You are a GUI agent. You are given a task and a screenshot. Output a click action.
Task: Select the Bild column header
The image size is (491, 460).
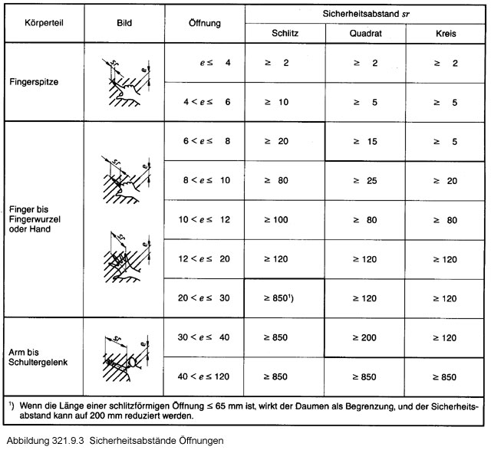tap(123, 23)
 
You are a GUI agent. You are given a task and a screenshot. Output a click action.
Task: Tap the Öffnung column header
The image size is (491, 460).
tap(205, 23)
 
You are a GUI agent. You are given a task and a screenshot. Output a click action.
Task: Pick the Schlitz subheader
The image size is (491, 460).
tap(285, 34)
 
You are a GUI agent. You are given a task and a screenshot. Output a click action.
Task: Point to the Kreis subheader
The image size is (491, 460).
tap(447, 34)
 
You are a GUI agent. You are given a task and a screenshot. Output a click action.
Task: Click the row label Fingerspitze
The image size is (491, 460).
tap(33, 80)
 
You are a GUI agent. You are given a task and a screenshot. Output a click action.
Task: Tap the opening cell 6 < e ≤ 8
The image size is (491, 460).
tap(206, 141)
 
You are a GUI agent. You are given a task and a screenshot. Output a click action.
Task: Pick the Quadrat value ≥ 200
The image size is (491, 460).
tap(365, 337)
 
